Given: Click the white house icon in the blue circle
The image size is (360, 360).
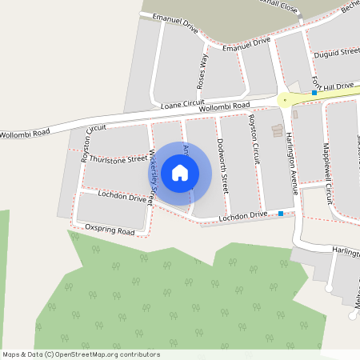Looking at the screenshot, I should point(180,172).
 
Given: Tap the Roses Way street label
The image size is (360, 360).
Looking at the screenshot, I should point(202,70).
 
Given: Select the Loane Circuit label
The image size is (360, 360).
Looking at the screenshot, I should point(183,105).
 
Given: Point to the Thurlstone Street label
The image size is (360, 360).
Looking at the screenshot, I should point(119,158).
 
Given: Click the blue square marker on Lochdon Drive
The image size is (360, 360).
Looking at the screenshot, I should point(281,214).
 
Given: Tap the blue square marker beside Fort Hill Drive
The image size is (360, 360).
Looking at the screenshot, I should point(314,93).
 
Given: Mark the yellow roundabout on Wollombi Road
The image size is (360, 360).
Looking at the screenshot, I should point(284,100).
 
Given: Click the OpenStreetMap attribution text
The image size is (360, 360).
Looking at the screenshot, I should point(81,354).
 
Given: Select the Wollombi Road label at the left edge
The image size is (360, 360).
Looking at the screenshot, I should point(25,132).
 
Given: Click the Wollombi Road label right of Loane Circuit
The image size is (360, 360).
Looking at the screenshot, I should point(224,106).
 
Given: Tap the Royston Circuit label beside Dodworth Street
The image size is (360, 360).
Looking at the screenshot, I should point(255,139).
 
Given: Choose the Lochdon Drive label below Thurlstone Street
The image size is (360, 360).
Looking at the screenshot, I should point(122,196).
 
